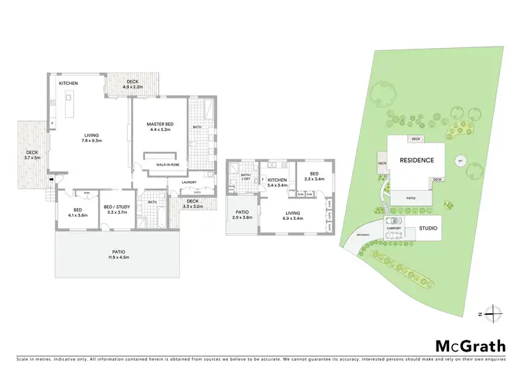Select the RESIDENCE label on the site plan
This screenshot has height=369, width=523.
tap(416, 160)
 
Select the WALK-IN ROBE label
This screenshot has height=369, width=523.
tap(168, 164)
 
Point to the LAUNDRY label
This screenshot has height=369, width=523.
tap(188, 182)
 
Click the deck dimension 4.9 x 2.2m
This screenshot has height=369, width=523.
tap(132, 86)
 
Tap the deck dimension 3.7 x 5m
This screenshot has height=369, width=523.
tap(33, 158)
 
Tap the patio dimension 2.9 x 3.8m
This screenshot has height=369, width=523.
tap(242, 217)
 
